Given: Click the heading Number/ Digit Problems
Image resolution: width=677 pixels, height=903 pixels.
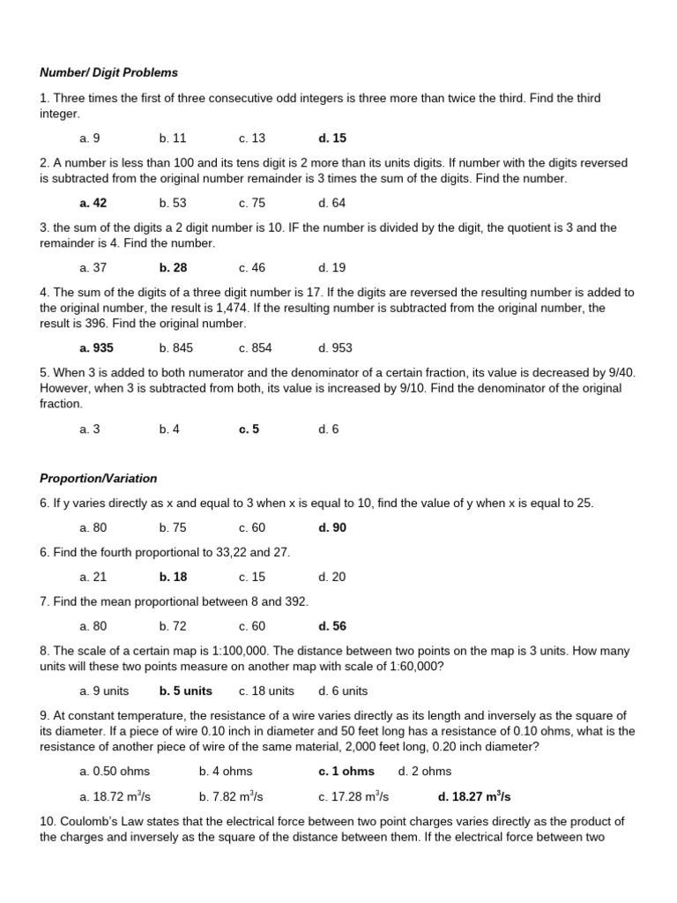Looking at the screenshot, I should coord(108,72).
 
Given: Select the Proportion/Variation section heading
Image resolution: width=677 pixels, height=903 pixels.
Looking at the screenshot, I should coord(98,478).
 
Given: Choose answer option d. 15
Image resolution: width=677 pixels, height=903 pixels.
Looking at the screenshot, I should coord(332,138).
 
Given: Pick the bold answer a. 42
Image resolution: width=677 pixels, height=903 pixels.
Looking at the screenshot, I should coord(93,203).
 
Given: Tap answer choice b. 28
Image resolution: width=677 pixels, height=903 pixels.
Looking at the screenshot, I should coord(173,267).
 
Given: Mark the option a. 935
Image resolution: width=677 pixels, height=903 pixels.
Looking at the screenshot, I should coord(96,348).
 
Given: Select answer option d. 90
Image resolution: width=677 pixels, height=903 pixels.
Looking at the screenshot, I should coord(332,527).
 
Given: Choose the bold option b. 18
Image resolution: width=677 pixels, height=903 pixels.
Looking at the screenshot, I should coord(173,577).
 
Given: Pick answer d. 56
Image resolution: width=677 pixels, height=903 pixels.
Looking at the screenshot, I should coord(332,626).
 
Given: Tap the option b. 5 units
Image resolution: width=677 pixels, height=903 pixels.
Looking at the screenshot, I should coord(185,690).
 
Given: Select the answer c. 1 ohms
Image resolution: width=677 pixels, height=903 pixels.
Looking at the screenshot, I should coord(346,772).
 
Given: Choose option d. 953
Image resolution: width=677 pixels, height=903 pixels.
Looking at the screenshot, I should coord(335,348).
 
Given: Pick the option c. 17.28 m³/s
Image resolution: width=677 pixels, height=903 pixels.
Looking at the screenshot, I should coord(353,796).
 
